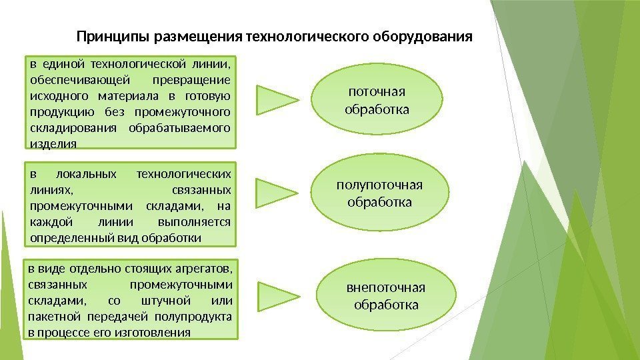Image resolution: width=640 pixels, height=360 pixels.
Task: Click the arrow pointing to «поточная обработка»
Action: pos(276,99)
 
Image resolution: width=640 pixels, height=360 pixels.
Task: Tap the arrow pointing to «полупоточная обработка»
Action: pos(276,192)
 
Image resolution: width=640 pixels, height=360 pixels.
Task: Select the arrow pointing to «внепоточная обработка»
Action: pos(276,297)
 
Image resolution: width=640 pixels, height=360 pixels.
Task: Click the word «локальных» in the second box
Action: pos(88,175)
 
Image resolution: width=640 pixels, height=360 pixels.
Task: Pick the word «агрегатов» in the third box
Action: pos(204,269)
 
